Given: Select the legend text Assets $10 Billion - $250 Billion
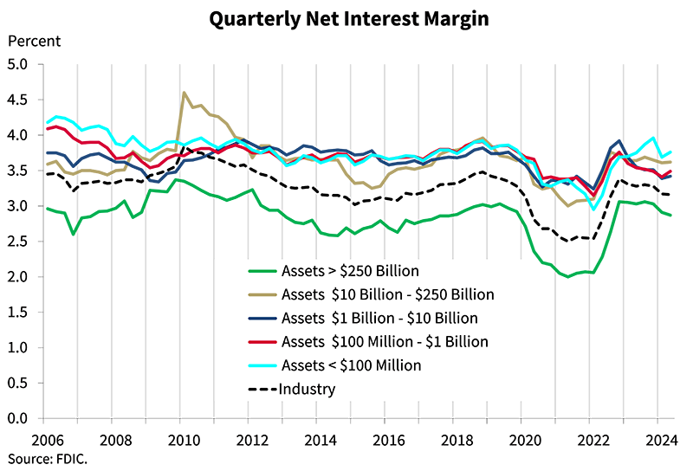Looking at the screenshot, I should [x=387, y=294].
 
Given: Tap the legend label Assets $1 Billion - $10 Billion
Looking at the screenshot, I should [x=379, y=318].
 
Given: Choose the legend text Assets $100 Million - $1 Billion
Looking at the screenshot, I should [x=385, y=342].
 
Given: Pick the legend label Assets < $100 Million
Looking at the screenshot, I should [x=351, y=365].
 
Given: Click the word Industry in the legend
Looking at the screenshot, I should [x=307, y=389].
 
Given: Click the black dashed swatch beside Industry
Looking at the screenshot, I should [x=262, y=389].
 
